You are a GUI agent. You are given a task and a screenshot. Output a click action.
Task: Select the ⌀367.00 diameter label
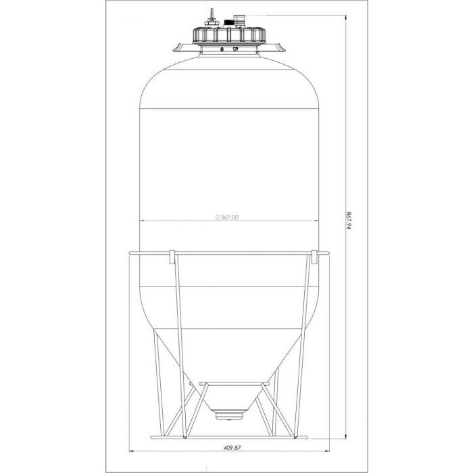tap(227, 217)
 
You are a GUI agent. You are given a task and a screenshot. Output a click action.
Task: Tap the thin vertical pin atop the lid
tap(211, 17)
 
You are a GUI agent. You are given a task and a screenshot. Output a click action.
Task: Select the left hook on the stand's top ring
tap(172, 257)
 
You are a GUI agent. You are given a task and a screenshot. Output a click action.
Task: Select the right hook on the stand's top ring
tap(314, 257)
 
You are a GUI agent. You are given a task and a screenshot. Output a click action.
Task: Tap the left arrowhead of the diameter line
tap(141, 222)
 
